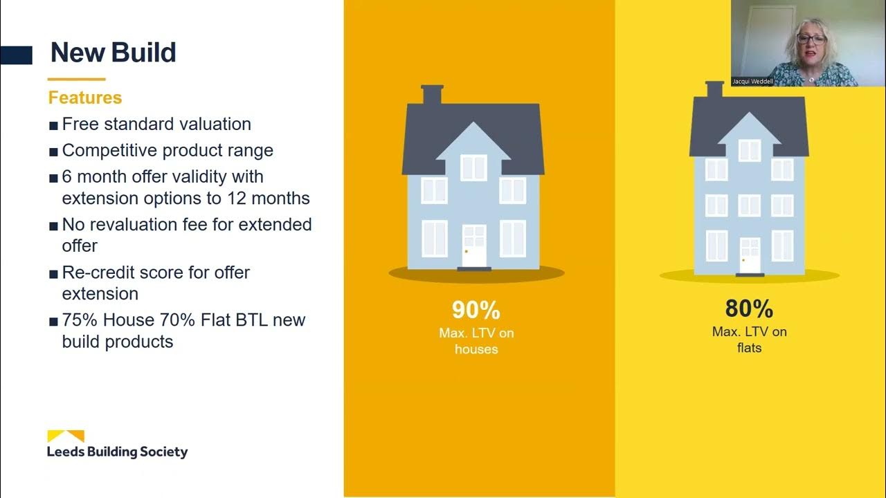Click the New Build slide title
pyautogui.click(x=114, y=53)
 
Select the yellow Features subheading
pyautogui.click(x=85, y=98)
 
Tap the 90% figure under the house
pyautogui.click(x=476, y=310)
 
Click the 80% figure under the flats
pyautogui.click(x=749, y=308)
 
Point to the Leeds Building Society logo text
pyautogui.click(x=117, y=452)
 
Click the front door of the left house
pyautogui.click(x=474, y=245)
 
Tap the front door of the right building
pyautogui.click(x=749, y=255)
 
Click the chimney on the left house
pyautogui.click(x=432, y=95)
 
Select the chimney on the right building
pyautogui.click(x=714, y=89)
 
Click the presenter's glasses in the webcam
pyautogui.click(x=811, y=39)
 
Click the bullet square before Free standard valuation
pyautogui.click(x=54, y=125)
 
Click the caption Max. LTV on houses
pyautogui.click(x=476, y=341)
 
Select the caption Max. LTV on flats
pyautogui.click(x=749, y=340)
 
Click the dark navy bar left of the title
pyautogui.click(x=17, y=55)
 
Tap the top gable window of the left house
pyautogui.click(x=474, y=167)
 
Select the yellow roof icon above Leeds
pyautogui.click(x=66, y=436)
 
